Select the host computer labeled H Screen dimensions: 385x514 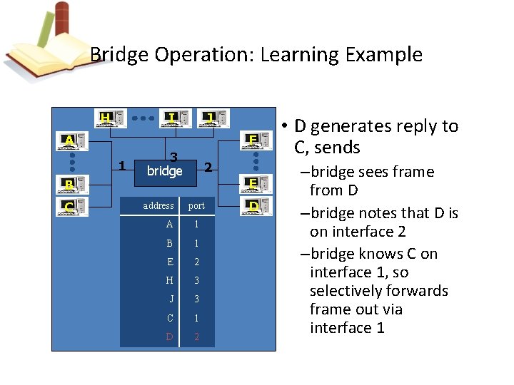click(110, 118)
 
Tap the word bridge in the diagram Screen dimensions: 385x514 click(164, 171)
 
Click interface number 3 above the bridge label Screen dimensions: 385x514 click(173, 158)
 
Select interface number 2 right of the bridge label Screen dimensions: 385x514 click(208, 168)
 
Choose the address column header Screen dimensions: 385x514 click(158, 205)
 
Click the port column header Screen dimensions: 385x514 click(196, 206)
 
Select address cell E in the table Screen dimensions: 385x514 click(169, 262)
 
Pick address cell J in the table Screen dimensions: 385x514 click(171, 299)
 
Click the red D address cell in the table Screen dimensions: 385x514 click(169, 336)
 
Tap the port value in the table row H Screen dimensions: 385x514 click(196, 280)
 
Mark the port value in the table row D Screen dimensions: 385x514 click(196, 336)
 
